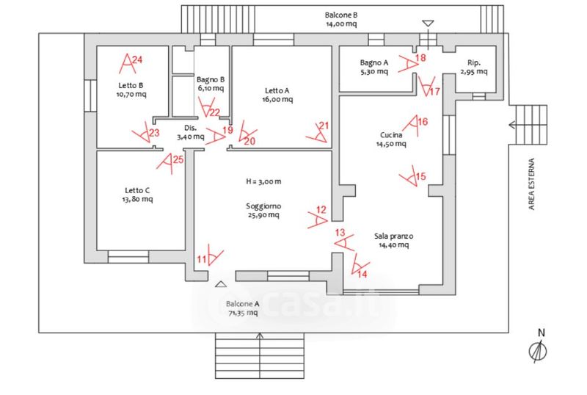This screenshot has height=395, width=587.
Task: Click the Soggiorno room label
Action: coord(263,206)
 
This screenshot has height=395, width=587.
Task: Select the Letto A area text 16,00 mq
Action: coord(277,101)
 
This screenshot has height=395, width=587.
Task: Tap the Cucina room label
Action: coord(390,134)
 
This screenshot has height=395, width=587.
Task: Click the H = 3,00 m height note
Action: coord(263,181)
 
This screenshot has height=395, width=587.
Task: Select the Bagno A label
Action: coord(373,62)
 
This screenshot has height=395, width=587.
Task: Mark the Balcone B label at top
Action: coord(341,15)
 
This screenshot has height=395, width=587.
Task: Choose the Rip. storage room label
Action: coord(473,62)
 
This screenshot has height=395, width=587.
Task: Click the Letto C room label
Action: coord(138,189)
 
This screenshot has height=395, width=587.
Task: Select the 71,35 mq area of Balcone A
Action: coord(242,313)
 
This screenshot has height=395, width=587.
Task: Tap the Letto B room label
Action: coord(130,84)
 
